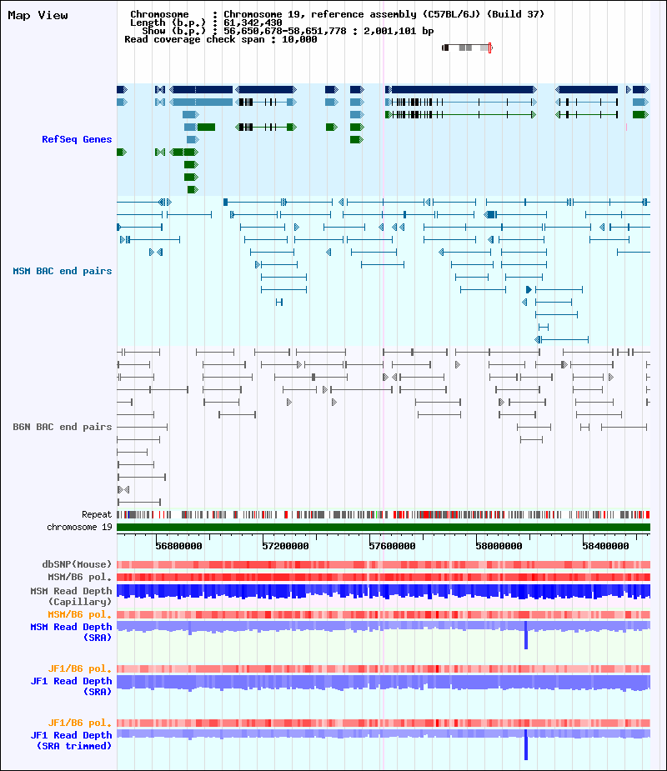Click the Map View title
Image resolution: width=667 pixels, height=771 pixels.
pyautogui.click(x=38, y=16)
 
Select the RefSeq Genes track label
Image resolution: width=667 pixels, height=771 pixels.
pyautogui.click(x=77, y=140)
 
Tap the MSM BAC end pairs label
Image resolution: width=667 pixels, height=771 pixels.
pyautogui.click(x=63, y=272)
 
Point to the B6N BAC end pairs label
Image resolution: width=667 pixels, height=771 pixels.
pyautogui.click(x=63, y=427)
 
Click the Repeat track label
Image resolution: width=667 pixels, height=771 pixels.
pyautogui.click(x=97, y=515)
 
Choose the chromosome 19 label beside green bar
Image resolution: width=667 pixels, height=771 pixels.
pyautogui.click(x=80, y=527)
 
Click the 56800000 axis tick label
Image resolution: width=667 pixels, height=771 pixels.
pyautogui.click(x=178, y=546)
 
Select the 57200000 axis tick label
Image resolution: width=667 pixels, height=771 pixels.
pyautogui.click(x=285, y=546)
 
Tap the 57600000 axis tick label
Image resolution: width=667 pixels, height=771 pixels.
pyautogui.click(x=392, y=546)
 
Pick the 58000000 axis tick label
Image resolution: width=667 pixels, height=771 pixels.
pyautogui.click(x=499, y=546)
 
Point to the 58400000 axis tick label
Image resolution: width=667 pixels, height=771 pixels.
pyautogui.click(x=605, y=546)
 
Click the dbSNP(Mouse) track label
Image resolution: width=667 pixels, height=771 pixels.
pyautogui.click(x=78, y=564)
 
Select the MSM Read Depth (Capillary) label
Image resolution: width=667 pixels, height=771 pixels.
pyautogui.click(x=72, y=596)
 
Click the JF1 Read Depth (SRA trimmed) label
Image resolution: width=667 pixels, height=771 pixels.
pyautogui.click(x=72, y=740)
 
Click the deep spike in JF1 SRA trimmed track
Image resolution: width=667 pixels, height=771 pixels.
pyautogui.click(x=526, y=745)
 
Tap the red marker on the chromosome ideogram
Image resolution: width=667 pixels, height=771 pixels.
pyautogui.click(x=490, y=48)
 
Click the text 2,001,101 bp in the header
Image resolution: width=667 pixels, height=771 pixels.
pyautogui.click(x=399, y=31)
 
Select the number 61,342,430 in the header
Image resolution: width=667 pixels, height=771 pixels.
pyautogui.click(x=253, y=23)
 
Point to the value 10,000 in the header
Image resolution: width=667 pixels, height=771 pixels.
pyautogui.click(x=299, y=39)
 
